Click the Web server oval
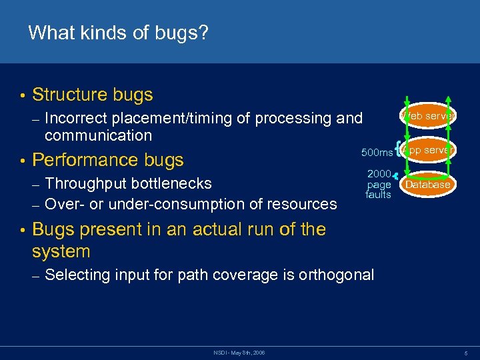[x=428, y=116]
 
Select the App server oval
[x=428, y=150]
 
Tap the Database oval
[x=428, y=185]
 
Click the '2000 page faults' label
[x=379, y=184]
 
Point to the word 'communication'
[x=98, y=135]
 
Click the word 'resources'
[x=301, y=204]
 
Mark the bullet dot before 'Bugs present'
[x=22, y=230]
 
